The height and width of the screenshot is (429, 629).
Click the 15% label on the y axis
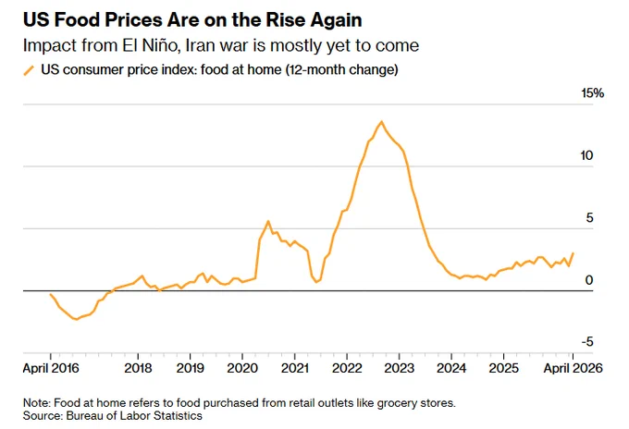point(593,93)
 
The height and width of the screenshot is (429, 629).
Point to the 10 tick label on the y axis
point(586,155)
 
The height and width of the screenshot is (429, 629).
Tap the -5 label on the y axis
point(586,342)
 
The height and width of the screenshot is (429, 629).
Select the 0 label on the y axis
point(589,280)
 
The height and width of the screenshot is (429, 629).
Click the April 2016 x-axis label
point(51,368)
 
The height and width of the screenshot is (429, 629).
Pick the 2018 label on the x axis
point(138,368)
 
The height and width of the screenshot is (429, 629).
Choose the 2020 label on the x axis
point(242,368)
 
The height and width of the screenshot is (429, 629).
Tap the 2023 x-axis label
point(400,368)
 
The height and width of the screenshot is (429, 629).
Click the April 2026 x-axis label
point(573,368)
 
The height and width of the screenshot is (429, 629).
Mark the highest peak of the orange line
point(381,121)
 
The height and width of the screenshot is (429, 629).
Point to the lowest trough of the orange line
point(76,319)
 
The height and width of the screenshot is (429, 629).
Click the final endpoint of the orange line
point(573,253)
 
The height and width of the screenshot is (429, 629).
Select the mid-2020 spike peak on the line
point(268,221)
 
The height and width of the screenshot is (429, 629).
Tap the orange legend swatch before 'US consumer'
point(29,70)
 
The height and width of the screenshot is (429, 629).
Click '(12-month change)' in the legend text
point(341,69)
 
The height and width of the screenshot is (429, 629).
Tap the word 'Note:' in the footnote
point(36,402)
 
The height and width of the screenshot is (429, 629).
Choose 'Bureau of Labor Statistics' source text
point(134,416)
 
